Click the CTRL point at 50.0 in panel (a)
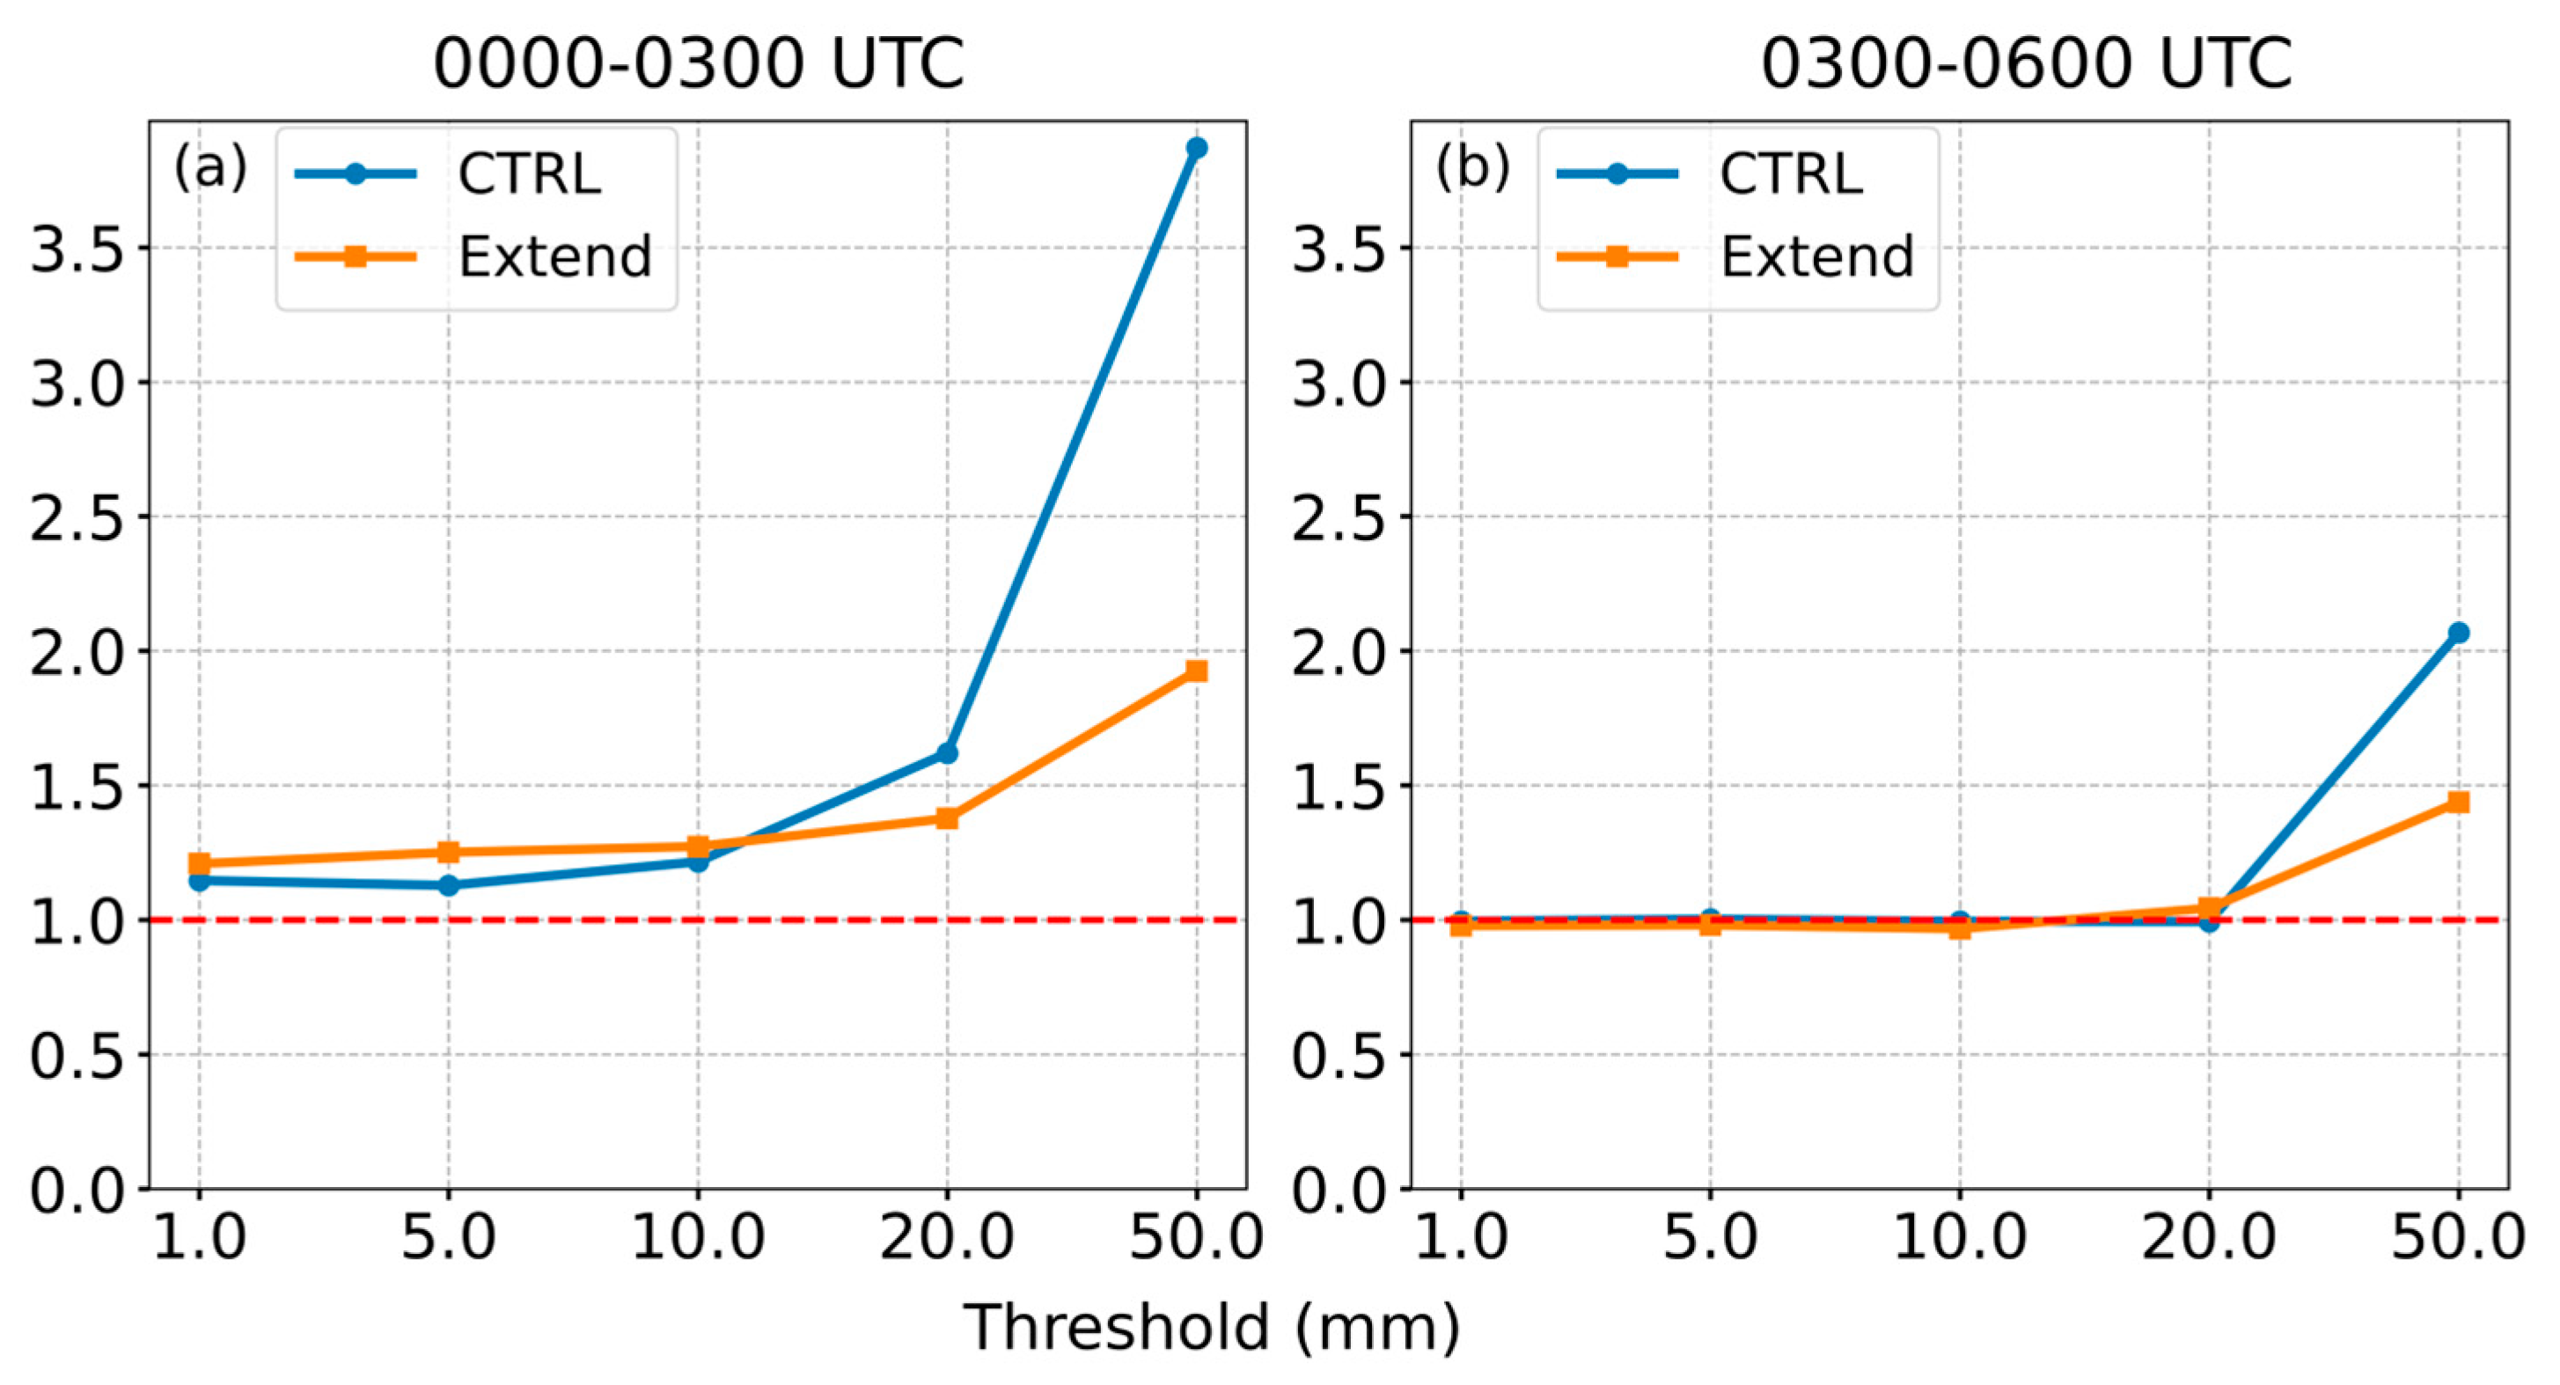[x=1197, y=148]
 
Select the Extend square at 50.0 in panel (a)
[x=1197, y=671]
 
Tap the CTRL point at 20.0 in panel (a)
[x=947, y=753]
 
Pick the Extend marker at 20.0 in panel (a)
[x=947, y=818]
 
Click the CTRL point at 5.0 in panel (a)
[x=448, y=884]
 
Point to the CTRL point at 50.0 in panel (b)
[x=2459, y=633]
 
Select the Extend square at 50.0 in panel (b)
[x=2459, y=802]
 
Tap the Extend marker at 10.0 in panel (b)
[x=1960, y=929]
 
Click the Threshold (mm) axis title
[x=1213, y=1328]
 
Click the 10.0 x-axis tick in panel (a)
[x=699, y=1238]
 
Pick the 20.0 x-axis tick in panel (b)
[x=2208, y=1238]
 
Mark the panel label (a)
[x=209, y=167]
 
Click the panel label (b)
[x=1471, y=167]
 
